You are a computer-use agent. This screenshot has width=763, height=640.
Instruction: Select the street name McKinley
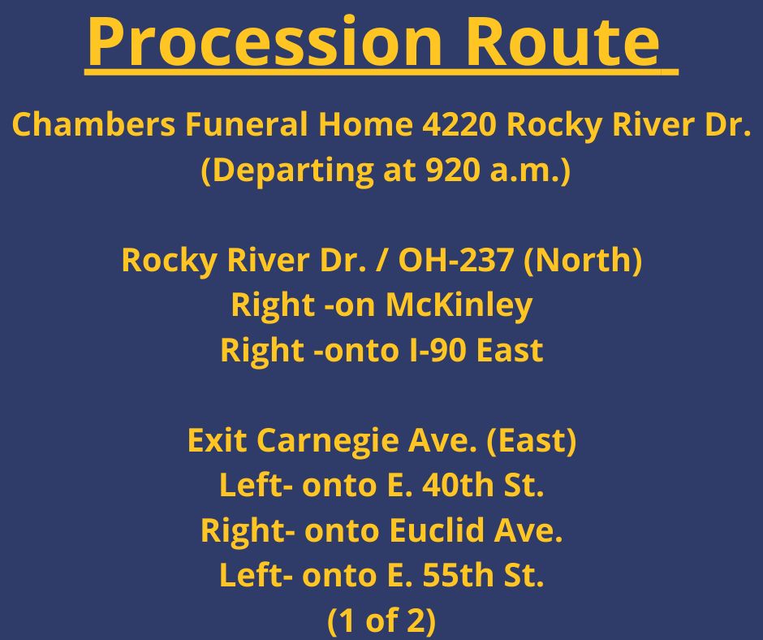tap(459, 305)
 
